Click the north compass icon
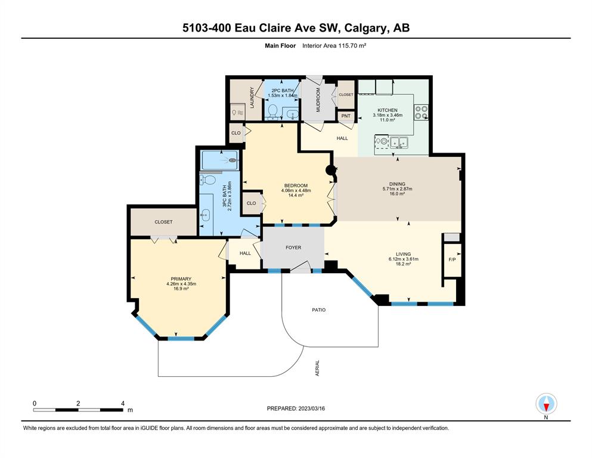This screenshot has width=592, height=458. (x=546, y=404)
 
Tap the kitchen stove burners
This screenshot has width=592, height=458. (x=421, y=112)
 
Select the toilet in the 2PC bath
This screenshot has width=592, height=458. (x=272, y=111)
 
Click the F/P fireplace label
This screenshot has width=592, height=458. (x=452, y=260)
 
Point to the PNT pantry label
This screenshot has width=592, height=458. (x=346, y=116)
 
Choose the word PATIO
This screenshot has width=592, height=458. (x=318, y=310)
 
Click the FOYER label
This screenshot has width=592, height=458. (x=293, y=247)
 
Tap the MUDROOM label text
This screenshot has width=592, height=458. (x=318, y=100)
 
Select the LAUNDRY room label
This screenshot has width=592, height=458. (x=252, y=97)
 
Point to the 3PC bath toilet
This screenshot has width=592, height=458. (x=208, y=179)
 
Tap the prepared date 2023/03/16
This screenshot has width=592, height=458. (x=311, y=409)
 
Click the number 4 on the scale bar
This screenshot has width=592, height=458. (x=123, y=403)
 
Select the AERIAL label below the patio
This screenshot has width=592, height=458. (x=317, y=368)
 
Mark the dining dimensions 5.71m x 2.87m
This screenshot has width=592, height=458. (x=397, y=189)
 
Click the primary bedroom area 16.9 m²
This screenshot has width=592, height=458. (x=181, y=289)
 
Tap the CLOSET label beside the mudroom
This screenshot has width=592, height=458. (x=346, y=95)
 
